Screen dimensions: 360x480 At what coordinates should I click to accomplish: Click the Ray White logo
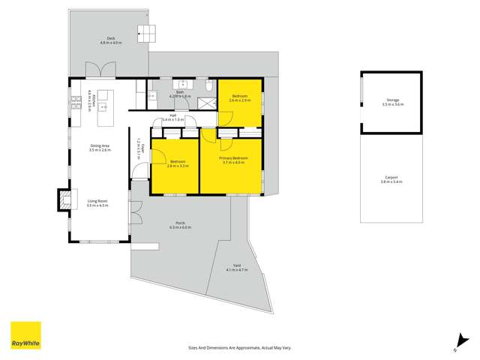click(25, 335)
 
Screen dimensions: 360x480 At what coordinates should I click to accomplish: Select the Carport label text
click(390, 180)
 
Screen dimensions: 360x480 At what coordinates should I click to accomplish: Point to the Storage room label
click(392, 103)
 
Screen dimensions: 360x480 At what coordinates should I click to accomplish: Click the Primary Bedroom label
click(233, 160)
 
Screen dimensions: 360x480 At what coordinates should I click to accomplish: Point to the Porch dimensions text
click(181, 227)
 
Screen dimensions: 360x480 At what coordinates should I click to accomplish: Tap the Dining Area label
click(100, 148)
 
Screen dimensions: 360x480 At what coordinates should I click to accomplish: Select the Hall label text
click(172, 117)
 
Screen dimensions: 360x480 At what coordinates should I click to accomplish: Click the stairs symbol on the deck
click(147, 34)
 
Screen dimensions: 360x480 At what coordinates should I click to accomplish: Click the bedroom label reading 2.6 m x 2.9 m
click(240, 98)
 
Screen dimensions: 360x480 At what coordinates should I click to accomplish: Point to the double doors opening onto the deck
click(98, 71)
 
